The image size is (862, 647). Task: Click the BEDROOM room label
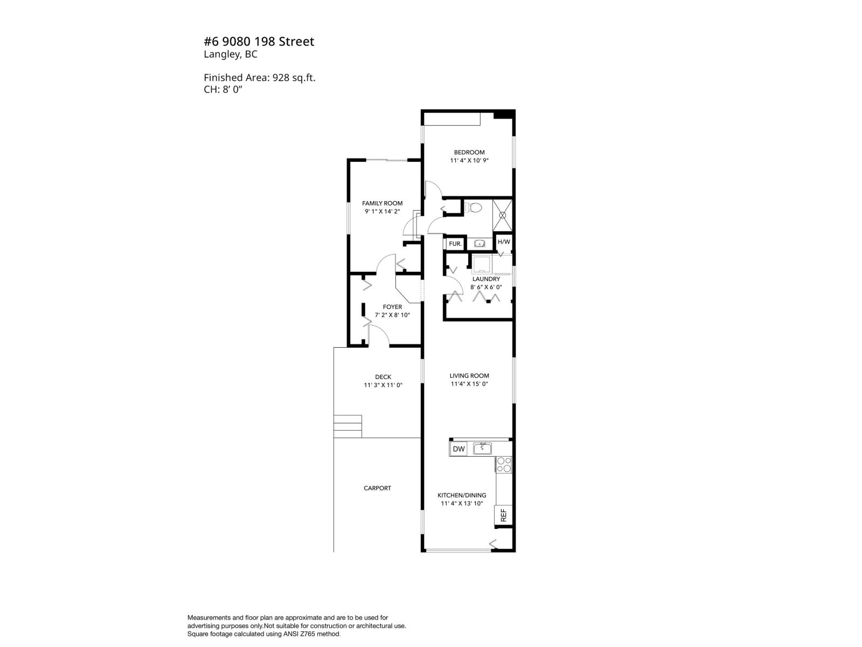pos(469,153)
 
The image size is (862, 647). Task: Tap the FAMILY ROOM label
pos(382,203)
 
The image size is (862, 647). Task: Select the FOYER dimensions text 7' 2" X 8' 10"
pos(392,315)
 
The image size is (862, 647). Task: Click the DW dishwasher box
pos(458,449)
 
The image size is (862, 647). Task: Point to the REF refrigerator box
pos(503,515)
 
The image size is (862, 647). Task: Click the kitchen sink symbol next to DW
pos(483,448)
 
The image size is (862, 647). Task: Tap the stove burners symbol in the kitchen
pos(504,465)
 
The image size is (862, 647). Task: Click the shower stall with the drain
pos(503,215)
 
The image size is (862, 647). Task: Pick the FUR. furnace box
pos(455,244)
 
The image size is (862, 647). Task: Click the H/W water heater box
pos(504,242)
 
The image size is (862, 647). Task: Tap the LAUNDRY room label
pos(486,279)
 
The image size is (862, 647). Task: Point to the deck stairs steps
pos(347,426)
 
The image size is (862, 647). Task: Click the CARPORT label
pos(377,488)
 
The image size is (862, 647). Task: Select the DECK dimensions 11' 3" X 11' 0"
pos(383,386)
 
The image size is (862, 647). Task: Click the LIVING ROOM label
pos(469,376)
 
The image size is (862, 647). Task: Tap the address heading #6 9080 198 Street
pos(259,42)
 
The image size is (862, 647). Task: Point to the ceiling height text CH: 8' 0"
pos(228,89)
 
